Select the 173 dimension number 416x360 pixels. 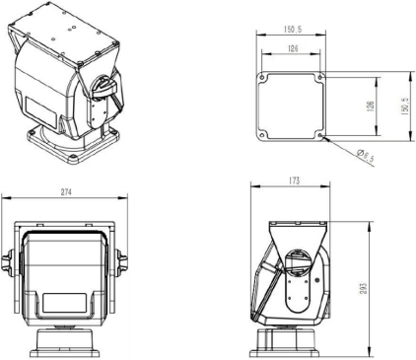(296, 181)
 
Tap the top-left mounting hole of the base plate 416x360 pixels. (263, 76)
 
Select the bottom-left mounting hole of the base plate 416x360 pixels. (263, 136)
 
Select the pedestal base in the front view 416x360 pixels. (66, 344)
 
